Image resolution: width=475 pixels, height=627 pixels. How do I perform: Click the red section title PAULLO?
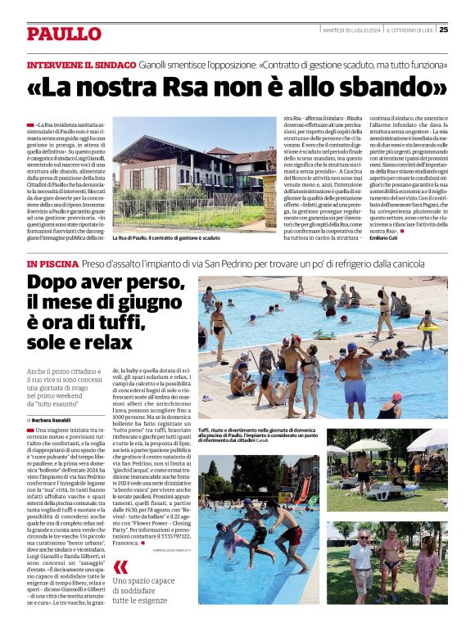[x=63, y=34]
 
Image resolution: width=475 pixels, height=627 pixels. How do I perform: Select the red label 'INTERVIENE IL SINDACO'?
[x=81, y=64]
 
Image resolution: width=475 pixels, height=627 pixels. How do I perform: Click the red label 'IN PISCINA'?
[x=52, y=264]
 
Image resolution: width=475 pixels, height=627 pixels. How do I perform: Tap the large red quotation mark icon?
[x=121, y=567]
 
